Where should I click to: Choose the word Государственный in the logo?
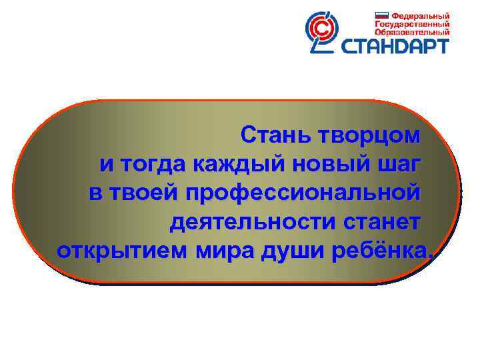pos(411,23)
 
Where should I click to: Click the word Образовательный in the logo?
pos(411,31)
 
